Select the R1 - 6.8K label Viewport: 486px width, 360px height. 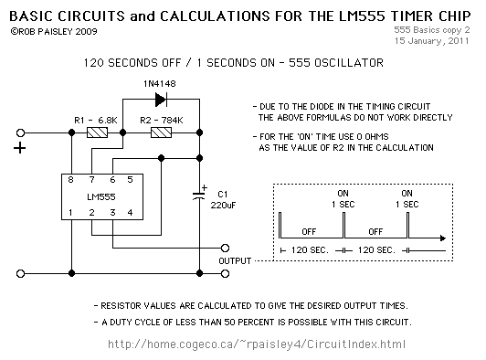[x=96, y=120]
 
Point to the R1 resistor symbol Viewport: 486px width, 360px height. [x=97, y=133]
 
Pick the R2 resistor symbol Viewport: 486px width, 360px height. [x=162, y=133]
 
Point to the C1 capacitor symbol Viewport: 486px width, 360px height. [x=198, y=194]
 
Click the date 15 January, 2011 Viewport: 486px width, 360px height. [x=432, y=41]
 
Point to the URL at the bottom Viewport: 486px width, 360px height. [x=256, y=344]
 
